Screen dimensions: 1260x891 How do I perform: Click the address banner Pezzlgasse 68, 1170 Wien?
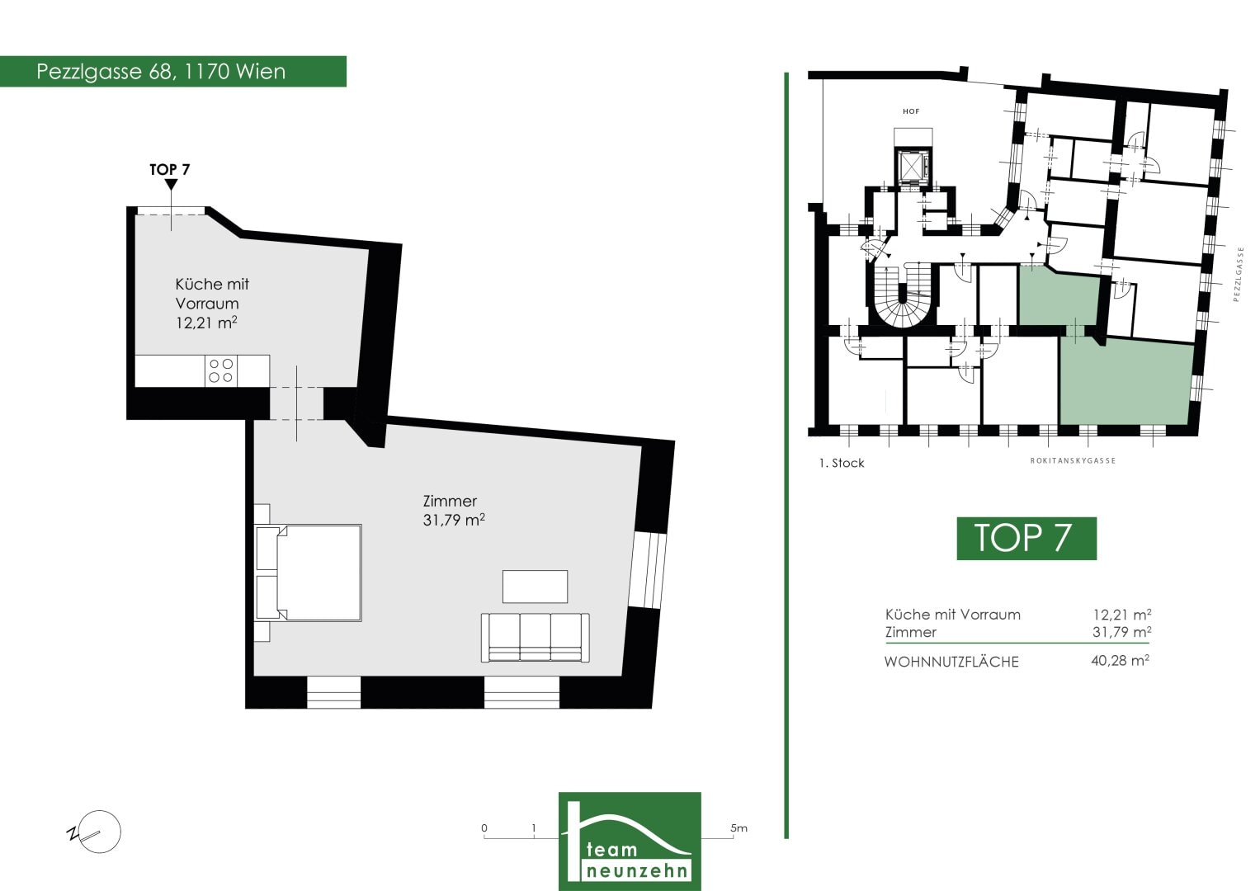172,72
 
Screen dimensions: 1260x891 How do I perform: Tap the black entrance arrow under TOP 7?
172,185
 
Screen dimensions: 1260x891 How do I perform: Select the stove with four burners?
221,370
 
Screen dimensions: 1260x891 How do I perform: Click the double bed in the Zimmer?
309,573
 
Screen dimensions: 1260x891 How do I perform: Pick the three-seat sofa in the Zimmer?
535,637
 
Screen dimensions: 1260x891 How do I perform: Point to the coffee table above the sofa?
535,587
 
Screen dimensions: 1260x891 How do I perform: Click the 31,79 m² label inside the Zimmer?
454,520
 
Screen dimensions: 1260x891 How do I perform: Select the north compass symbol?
95,832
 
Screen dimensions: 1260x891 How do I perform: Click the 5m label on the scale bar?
739,828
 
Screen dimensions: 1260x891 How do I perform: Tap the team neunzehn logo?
630,841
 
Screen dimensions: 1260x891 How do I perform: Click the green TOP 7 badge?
1026,538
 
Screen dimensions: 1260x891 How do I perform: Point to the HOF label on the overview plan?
911,111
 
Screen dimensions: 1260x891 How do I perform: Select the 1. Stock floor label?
842,463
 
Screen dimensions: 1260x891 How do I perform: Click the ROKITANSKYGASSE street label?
1073,460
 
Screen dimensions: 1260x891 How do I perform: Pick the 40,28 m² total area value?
1121,660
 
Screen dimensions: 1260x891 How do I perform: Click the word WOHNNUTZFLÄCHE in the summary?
951,662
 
